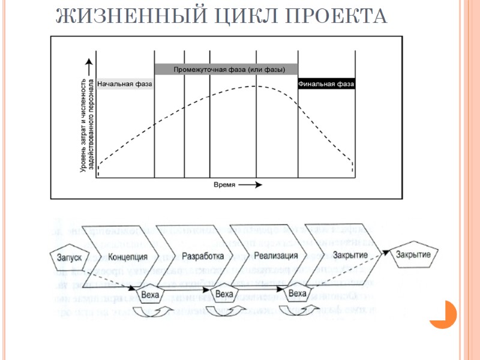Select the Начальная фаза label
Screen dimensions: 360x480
(125, 84)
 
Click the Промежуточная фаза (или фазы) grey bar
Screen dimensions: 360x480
(226, 69)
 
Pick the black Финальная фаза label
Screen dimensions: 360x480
(326, 84)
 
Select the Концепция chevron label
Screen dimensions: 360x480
(128, 256)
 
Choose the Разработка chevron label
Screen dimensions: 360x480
(198, 256)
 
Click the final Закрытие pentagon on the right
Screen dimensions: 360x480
(415, 254)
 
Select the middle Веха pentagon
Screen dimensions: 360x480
(223, 293)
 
